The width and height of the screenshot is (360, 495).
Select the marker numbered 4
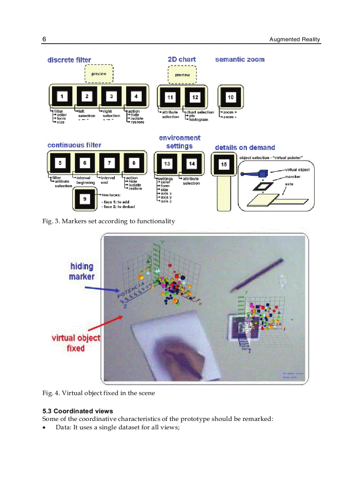[136, 97]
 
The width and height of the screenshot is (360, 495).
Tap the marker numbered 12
[195, 97]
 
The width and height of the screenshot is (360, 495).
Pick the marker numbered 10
[230, 97]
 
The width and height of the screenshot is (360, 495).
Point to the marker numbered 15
[224, 164]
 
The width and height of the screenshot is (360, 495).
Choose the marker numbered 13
[167, 164]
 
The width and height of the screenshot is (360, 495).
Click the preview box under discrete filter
[99, 74]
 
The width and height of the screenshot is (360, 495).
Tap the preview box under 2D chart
[182, 74]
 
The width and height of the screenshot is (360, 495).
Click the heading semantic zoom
[240, 60]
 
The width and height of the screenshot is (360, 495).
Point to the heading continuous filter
[74, 145]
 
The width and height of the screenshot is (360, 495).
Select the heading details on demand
[244, 148]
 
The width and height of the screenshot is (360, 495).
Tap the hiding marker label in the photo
[82, 272]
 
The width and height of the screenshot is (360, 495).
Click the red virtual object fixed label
[76, 343]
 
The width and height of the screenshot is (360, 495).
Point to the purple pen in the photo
[257, 274]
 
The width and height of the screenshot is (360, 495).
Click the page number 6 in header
[44, 40]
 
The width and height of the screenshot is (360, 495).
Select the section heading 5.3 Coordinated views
[77, 411]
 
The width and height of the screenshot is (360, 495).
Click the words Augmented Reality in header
[295, 40]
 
